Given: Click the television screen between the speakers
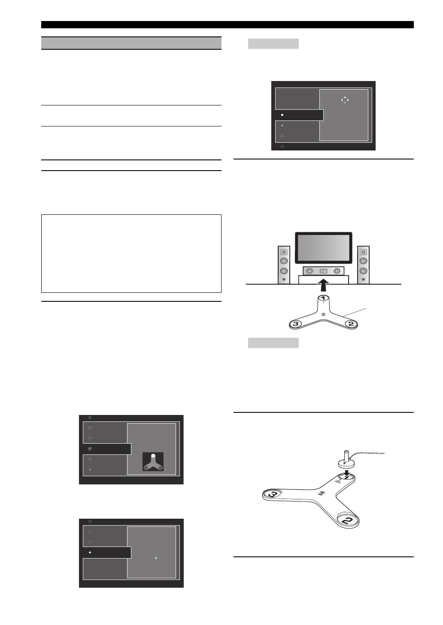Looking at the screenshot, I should pos(323,248).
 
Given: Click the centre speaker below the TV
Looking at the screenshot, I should pos(323,271).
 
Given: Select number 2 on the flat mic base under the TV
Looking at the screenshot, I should pos(351,324).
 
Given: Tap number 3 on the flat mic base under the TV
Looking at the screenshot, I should pos(295,324).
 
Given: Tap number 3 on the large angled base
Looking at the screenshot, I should pos(272,495).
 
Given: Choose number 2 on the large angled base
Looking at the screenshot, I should pos(348,520).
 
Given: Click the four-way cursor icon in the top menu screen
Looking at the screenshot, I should pos(345,100).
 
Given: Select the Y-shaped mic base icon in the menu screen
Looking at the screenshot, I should pos(153,462).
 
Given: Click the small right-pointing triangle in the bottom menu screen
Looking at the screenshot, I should pos(156,558).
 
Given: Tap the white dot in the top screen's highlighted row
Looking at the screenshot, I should pos(282,115).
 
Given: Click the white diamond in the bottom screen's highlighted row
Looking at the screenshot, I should pos(90,553).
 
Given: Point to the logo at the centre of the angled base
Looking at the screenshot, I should pos(322,493).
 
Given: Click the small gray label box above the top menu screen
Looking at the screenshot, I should pos(273,43).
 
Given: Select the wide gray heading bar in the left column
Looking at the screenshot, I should pos(131,43).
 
